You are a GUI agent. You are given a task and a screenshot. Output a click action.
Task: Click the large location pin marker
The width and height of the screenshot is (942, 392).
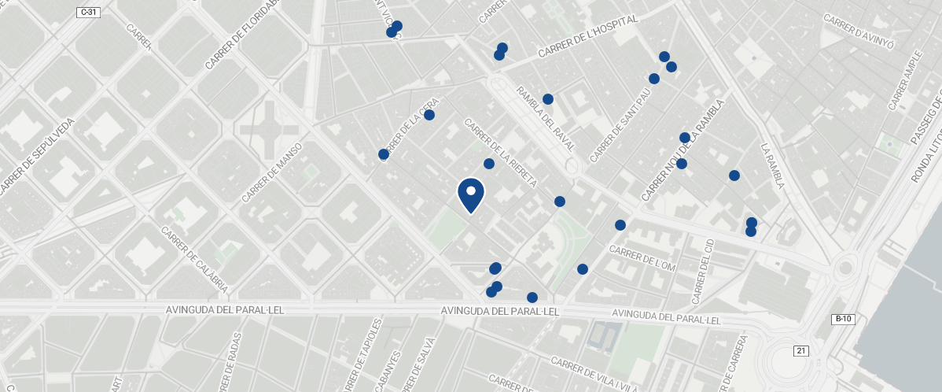pyautogui.click(x=470, y=194)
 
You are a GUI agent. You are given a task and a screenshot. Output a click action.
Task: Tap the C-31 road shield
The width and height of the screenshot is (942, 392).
pyautogui.click(x=88, y=13)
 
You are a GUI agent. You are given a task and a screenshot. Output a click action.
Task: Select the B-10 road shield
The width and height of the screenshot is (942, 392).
pyautogui.click(x=842, y=319)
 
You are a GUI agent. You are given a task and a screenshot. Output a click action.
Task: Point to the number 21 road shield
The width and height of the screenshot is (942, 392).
pyautogui.click(x=801, y=350)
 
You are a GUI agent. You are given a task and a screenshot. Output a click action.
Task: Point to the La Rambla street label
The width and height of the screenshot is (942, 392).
pyautogui.click(x=773, y=166)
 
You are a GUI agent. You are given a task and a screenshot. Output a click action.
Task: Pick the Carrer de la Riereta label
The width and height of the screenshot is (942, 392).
pyautogui.click(x=500, y=153)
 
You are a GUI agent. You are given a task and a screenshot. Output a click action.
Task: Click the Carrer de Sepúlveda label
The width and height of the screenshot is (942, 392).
pyautogui.click(x=38, y=156)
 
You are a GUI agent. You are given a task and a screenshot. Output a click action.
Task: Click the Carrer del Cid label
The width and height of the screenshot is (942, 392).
pyautogui.click(x=702, y=272)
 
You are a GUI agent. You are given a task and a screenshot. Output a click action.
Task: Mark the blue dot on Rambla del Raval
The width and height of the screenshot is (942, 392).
pyautogui.click(x=548, y=99)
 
